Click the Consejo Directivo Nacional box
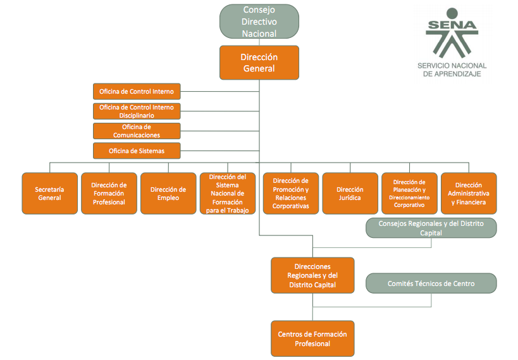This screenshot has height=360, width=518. [x=259, y=22]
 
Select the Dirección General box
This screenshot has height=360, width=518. [x=259, y=63]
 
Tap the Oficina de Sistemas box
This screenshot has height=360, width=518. [x=137, y=151]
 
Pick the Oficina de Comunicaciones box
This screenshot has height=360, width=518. [x=137, y=131]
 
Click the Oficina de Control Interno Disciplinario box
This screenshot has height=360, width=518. [x=137, y=111]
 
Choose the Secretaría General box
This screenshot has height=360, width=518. [x=50, y=194]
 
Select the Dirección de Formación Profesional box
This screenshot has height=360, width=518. [x=109, y=194]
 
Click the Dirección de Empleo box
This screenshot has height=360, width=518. [x=168, y=194]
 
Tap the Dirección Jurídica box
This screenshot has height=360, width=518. [x=350, y=194]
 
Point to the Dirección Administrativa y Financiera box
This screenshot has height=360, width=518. [x=469, y=194]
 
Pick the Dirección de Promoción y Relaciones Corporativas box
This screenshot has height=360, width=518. [x=291, y=194]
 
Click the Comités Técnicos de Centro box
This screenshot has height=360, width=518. [x=431, y=283]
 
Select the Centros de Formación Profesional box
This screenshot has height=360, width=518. [x=312, y=338]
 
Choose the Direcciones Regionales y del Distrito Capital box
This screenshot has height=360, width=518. [x=312, y=275]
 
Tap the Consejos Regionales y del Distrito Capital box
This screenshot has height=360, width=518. [x=431, y=228]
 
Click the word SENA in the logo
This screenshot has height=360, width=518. [x=452, y=25]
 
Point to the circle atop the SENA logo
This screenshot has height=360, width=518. [x=452, y=13]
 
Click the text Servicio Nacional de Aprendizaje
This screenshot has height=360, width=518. [x=452, y=70]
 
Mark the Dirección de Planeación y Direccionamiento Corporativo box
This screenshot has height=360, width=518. [x=410, y=194]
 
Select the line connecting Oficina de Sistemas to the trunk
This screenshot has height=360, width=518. [x=219, y=151]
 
